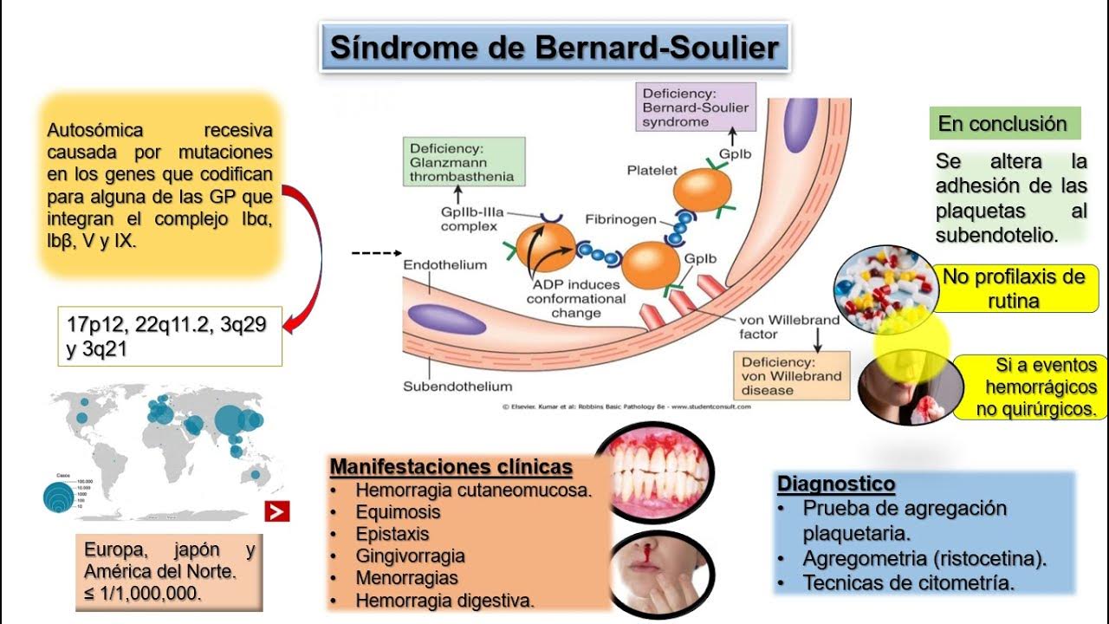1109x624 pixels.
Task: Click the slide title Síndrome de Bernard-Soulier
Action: tap(554, 47)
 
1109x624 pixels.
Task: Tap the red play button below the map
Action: tap(277, 511)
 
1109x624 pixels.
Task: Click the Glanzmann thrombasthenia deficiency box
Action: tap(462, 162)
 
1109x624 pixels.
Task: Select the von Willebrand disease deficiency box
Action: tap(791, 375)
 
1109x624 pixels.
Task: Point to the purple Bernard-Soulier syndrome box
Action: tap(696, 107)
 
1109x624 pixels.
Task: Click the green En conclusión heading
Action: tap(1003, 124)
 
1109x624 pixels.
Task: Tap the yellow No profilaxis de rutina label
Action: tap(1014, 289)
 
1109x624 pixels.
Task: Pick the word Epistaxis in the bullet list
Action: tap(392, 534)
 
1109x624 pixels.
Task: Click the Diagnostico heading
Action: tap(836, 484)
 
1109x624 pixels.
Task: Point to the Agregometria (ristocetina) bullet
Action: tap(924, 558)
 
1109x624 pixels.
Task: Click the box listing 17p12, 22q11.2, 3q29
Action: tap(170, 335)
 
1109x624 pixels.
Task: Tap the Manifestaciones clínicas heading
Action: tap(451, 467)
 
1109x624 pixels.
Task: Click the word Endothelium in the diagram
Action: tap(444, 264)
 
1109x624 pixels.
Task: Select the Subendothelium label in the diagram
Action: tap(457, 386)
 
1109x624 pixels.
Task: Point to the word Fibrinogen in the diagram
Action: tap(620, 219)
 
